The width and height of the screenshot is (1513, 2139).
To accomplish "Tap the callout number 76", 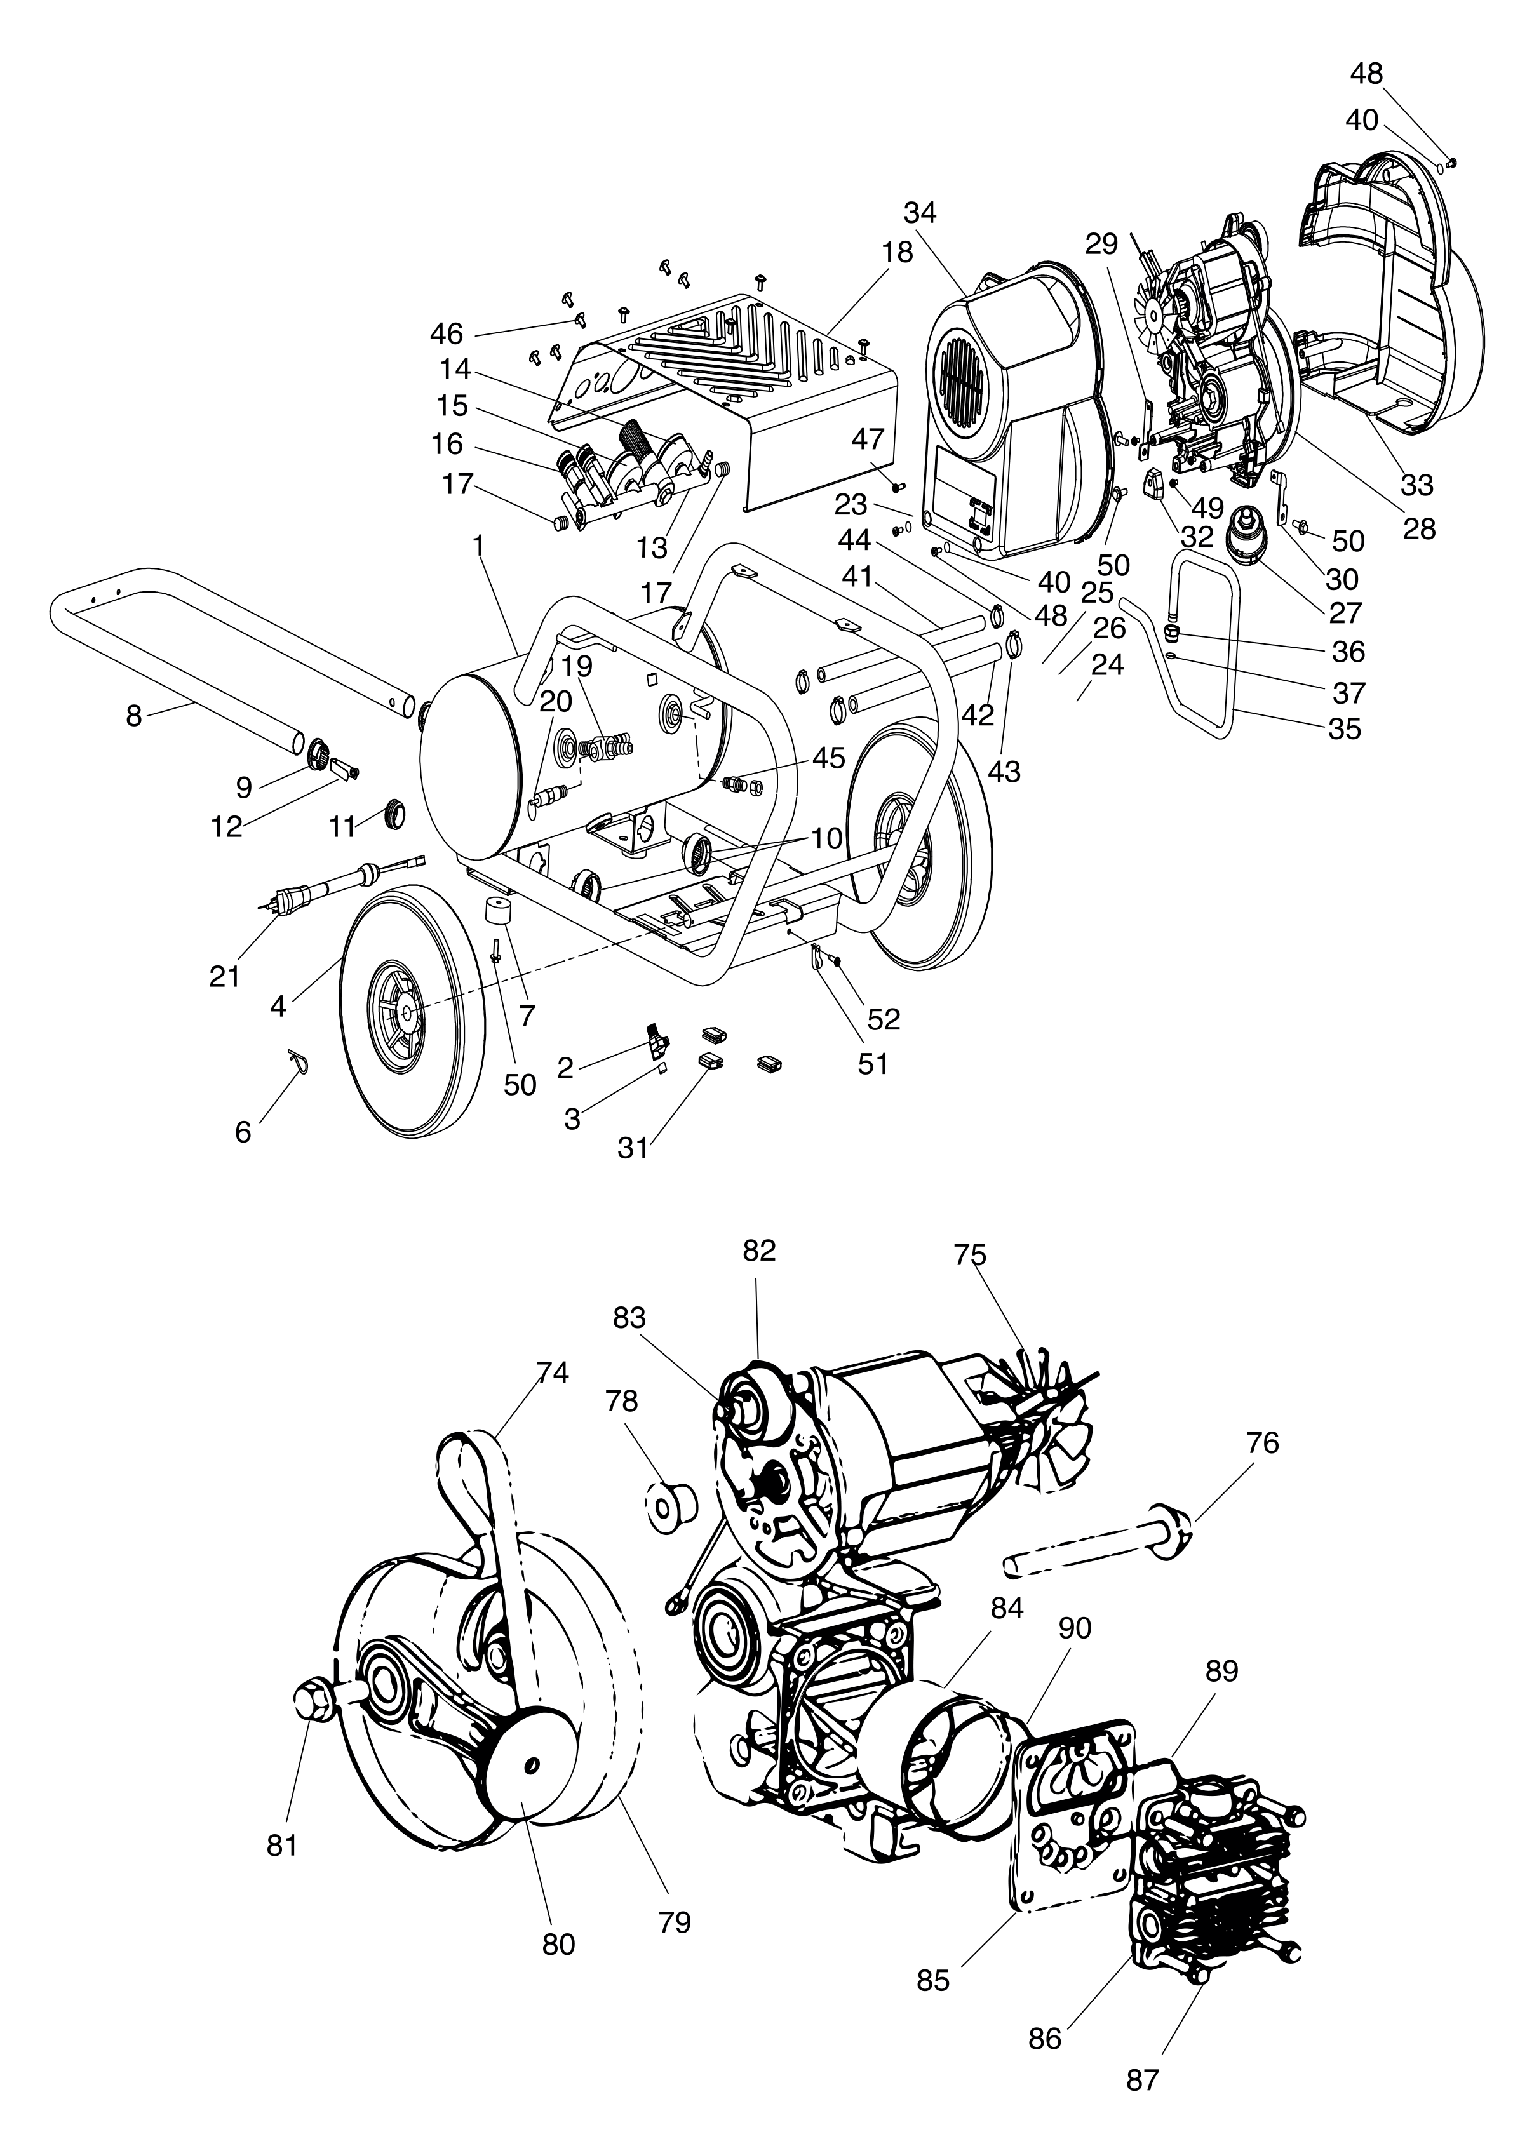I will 1262,1443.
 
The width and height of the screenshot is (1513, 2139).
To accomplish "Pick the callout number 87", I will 1142,2079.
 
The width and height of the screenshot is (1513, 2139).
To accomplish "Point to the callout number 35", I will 1345,728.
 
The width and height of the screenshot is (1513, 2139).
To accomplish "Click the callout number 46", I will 447,333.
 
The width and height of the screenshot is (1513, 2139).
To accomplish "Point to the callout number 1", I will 480,546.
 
